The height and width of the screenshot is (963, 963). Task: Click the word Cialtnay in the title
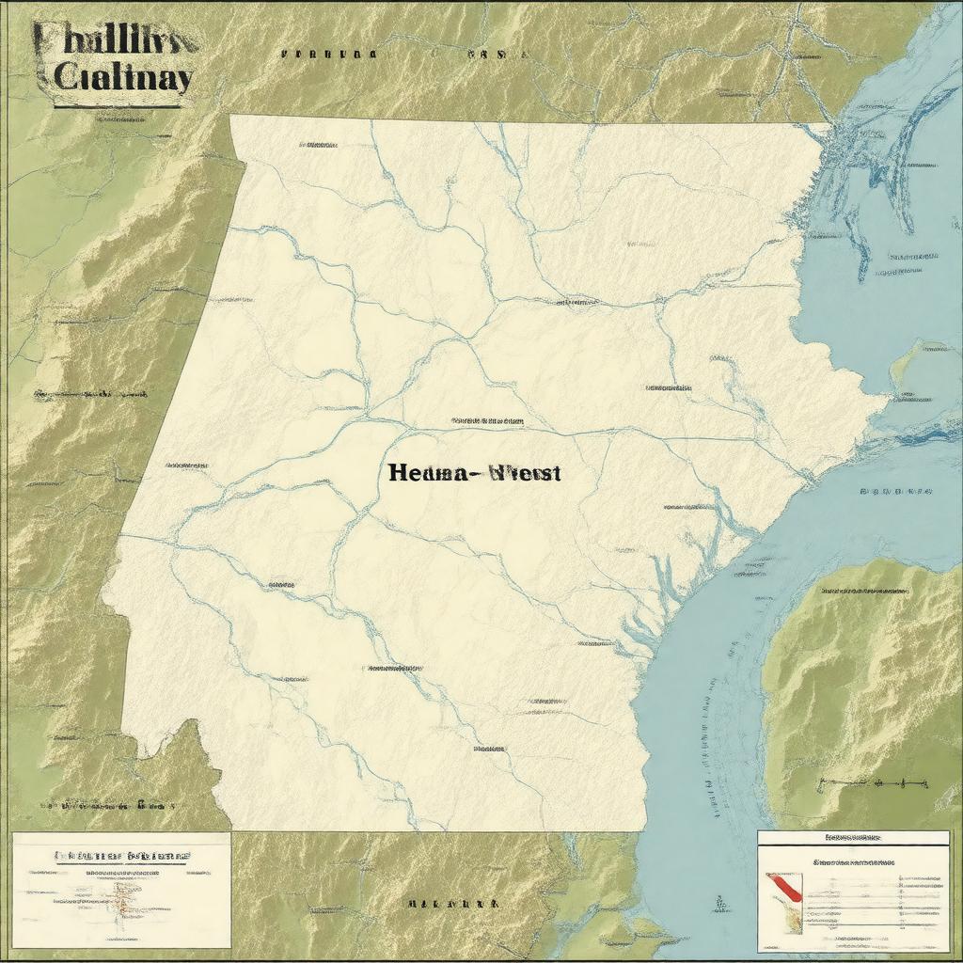click(x=122, y=77)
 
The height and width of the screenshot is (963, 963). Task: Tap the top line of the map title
click(x=115, y=39)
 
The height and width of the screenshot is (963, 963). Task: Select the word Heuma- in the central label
click(x=428, y=473)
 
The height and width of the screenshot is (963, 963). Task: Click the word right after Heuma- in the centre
click(x=522, y=473)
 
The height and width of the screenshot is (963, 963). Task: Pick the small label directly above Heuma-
click(x=487, y=420)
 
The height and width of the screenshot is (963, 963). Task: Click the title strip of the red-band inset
click(x=853, y=836)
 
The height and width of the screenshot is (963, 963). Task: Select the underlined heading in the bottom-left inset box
click(x=121, y=856)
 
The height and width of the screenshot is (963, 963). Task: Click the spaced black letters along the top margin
click(x=329, y=55)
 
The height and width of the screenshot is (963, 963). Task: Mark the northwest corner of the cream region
click(x=231, y=117)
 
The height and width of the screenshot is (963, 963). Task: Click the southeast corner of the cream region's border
click(x=645, y=829)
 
